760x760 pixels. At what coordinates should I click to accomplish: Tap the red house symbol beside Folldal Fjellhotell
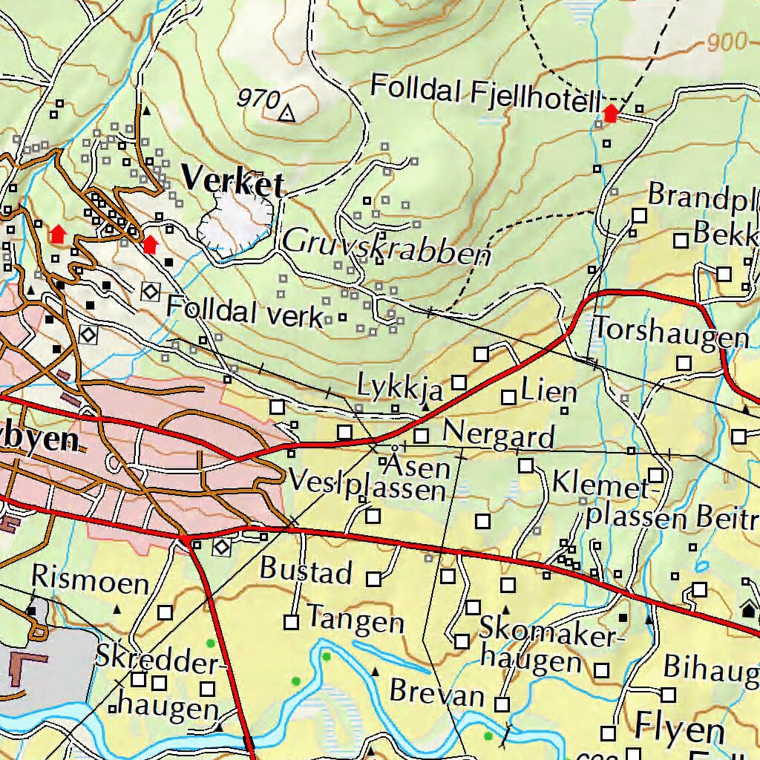pyautogui.click(x=610, y=114)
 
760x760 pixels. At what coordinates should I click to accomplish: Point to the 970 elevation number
pyautogui.click(x=259, y=98)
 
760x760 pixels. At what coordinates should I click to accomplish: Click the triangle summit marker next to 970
pyautogui.click(x=287, y=114)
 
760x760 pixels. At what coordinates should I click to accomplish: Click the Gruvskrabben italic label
pyautogui.click(x=387, y=247)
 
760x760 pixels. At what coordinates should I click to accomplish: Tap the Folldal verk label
pyautogui.click(x=245, y=312)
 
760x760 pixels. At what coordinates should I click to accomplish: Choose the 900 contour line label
pyautogui.click(x=727, y=42)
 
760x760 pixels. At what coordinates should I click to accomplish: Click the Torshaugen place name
pyautogui.click(x=671, y=333)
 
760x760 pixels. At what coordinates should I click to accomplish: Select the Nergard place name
pyautogui.click(x=499, y=434)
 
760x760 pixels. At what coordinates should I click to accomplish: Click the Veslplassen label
pyautogui.click(x=367, y=485)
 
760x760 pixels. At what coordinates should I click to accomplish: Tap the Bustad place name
pyautogui.click(x=306, y=571)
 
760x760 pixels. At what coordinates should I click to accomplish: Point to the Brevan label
pyautogui.click(x=436, y=693)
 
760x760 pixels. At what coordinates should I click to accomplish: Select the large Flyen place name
pyautogui.click(x=678, y=729)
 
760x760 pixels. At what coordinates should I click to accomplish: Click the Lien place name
pyautogui.click(x=549, y=390)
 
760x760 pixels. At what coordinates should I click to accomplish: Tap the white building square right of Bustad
pyautogui.click(x=374, y=578)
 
